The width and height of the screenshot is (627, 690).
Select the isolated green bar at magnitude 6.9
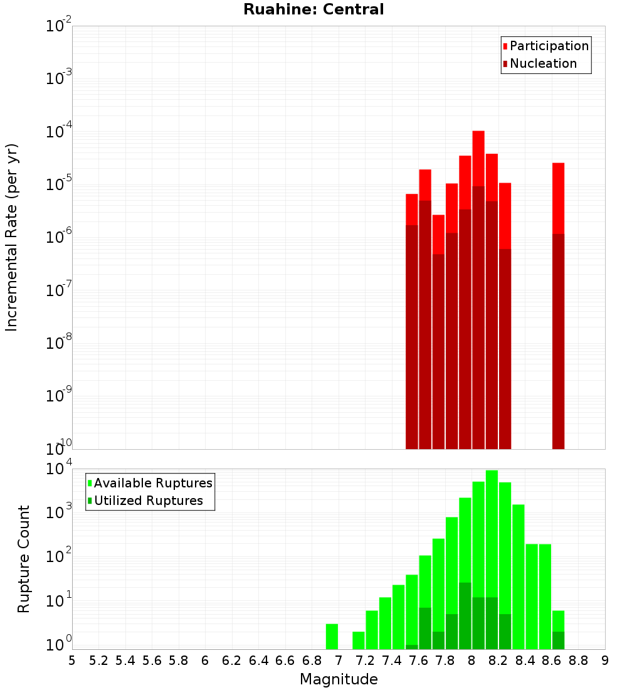pos(332,637)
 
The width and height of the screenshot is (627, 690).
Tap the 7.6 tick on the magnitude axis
pos(419,661)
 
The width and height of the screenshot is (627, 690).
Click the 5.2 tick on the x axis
pos(99,661)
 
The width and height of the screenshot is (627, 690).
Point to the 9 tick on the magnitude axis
pos(605,661)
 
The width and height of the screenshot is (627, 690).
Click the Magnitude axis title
pos(339,679)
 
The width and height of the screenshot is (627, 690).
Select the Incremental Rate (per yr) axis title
pos(12,237)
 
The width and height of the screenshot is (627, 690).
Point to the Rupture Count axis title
pos(24,559)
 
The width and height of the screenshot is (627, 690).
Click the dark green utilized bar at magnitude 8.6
pos(558,640)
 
